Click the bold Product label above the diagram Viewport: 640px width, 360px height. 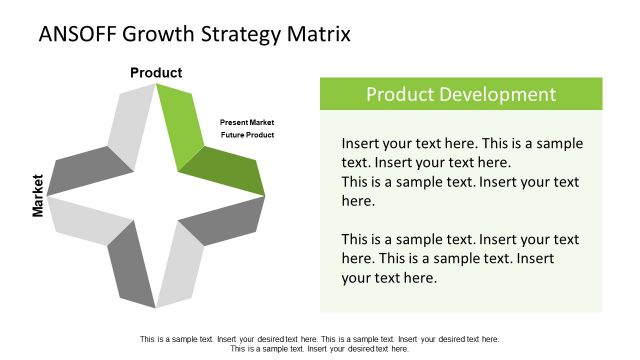click(x=156, y=72)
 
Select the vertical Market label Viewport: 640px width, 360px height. click(x=38, y=196)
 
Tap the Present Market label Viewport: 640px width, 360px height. click(x=247, y=122)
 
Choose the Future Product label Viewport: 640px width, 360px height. click(x=247, y=134)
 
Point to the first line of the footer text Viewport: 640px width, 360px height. click(x=319, y=339)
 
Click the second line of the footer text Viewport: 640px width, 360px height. click(x=319, y=349)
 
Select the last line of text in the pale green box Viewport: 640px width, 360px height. click(x=389, y=277)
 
